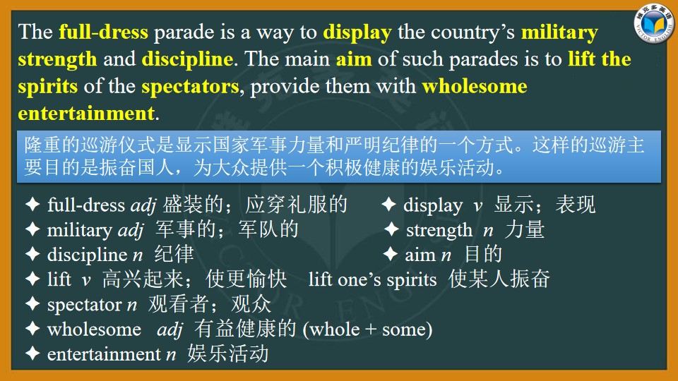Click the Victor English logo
point(654,24)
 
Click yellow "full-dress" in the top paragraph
point(103,32)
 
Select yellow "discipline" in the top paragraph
point(187,59)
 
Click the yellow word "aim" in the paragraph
point(354,59)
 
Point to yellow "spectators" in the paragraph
point(190,87)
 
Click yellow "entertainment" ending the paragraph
point(86,114)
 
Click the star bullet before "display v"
point(388,205)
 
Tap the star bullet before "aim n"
point(391,254)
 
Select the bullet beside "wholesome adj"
point(33,329)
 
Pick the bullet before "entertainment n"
point(33,353)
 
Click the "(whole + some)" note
point(367,329)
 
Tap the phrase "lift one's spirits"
point(373,279)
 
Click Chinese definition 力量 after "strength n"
point(525,229)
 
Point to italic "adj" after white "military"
point(131,230)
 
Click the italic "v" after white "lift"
point(86,281)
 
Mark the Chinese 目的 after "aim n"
point(483,254)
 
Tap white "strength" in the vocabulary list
point(439,230)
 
